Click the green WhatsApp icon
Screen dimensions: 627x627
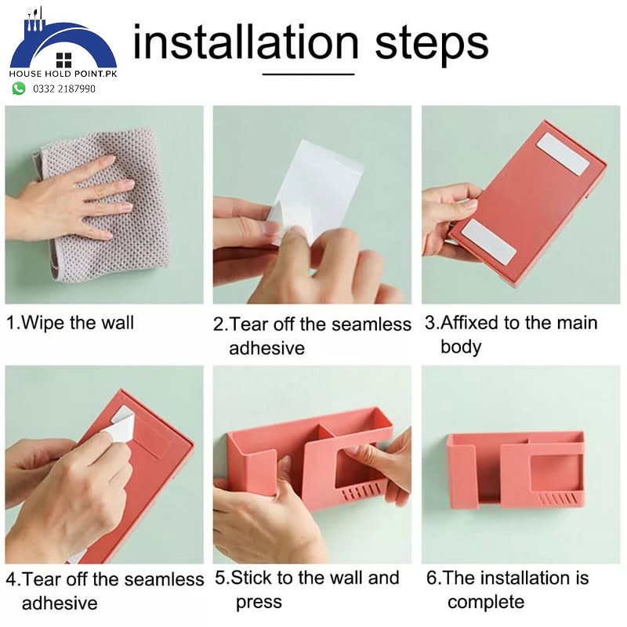click(18, 89)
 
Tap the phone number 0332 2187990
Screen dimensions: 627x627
click(64, 89)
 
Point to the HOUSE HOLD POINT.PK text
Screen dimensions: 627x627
click(63, 74)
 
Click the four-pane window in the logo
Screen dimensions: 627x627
click(63, 60)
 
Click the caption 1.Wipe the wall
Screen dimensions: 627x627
click(71, 323)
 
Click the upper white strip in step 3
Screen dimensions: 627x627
click(564, 154)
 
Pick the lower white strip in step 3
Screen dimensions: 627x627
click(488, 241)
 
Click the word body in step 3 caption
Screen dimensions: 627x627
click(461, 346)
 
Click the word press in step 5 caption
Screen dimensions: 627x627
click(259, 603)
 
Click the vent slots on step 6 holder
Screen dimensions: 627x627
click(557, 499)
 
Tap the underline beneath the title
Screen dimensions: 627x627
click(308, 74)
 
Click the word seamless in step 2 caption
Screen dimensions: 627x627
click(371, 324)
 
